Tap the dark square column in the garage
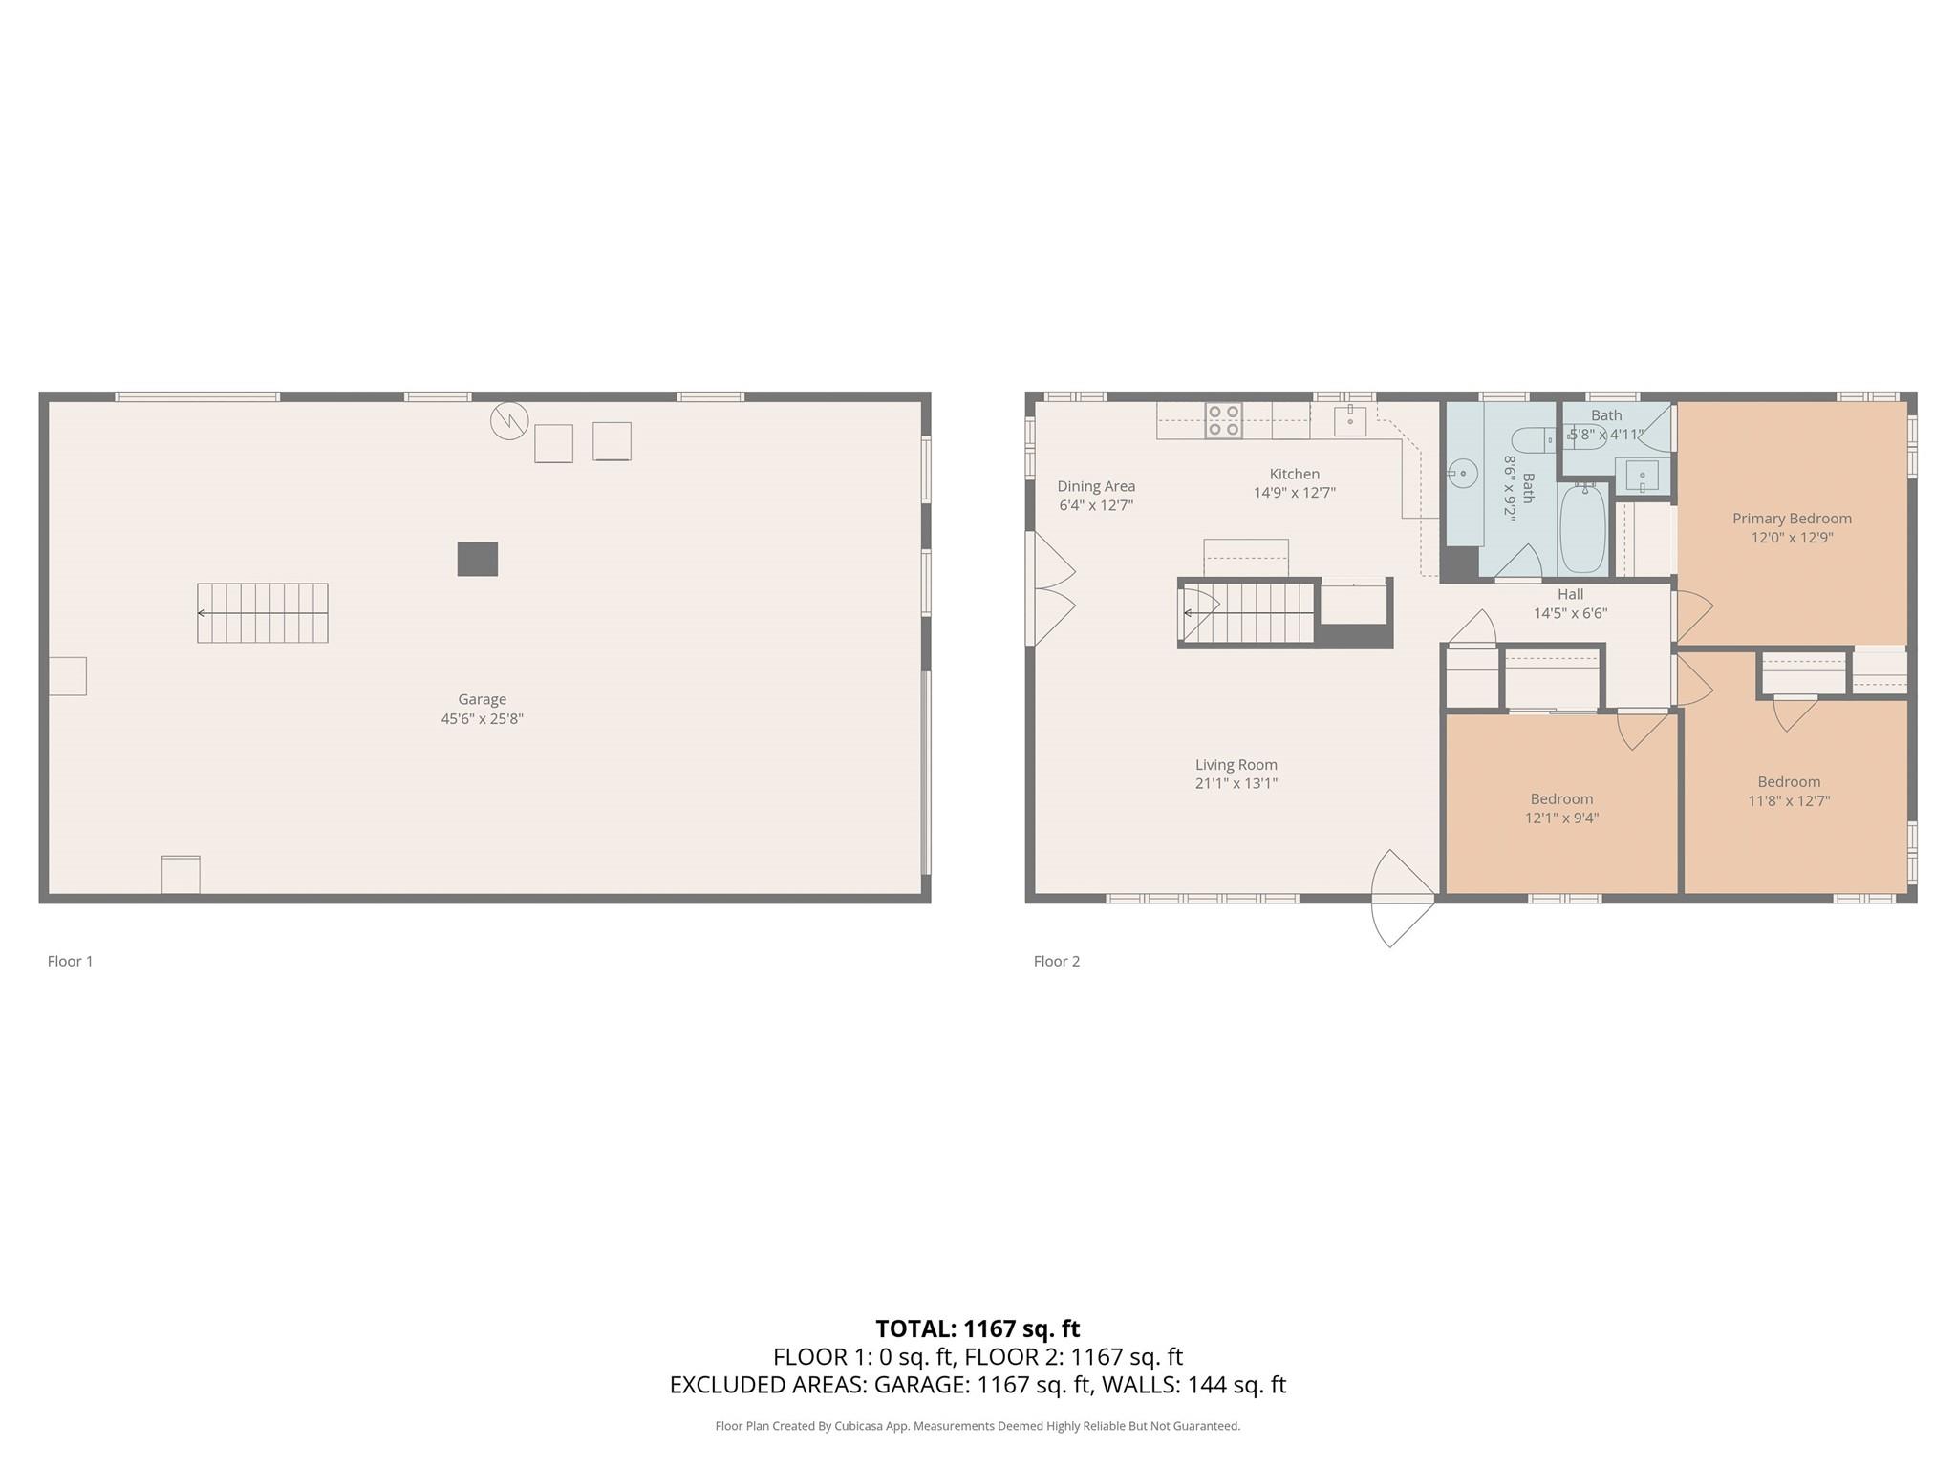[477, 559]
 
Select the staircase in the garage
[263, 613]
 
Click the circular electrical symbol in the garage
[509, 420]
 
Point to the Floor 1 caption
[71, 961]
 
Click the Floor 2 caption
[1057, 961]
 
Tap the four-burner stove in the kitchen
[1223, 420]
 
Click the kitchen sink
[1350, 420]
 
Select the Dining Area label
[1096, 486]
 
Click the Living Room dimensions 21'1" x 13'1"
[1236, 783]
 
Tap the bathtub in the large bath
[1583, 528]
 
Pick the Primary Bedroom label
[1792, 519]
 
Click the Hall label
[1571, 594]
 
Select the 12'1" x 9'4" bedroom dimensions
[1561, 818]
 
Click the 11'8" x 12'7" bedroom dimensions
[1789, 800]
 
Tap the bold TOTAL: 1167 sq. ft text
[978, 1328]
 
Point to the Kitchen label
[1295, 474]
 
